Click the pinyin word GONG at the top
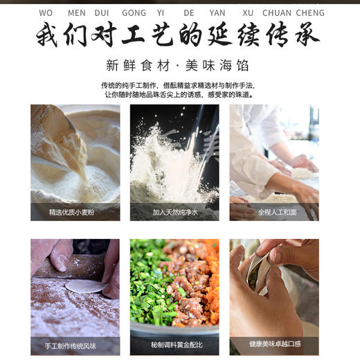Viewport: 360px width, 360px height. tap(134, 12)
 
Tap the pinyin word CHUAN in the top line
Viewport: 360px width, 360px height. tap(277, 12)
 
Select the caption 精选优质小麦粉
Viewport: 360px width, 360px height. tap(75, 212)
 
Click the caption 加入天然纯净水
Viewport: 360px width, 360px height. tap(174, 212)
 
